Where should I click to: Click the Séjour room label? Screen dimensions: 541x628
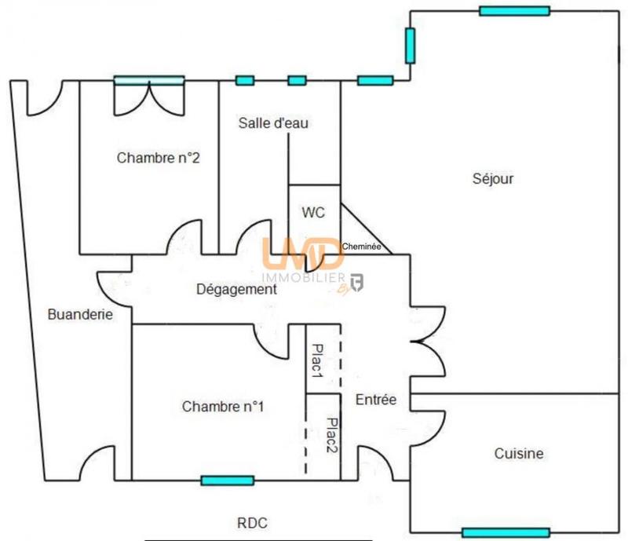[493, 179]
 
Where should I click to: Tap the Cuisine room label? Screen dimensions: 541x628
[519, 454]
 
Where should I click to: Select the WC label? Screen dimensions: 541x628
[313, 212]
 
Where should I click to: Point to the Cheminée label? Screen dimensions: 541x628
[362, 247]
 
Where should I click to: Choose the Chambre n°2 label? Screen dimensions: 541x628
[158, 158]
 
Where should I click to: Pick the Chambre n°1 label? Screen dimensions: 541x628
[223, 407]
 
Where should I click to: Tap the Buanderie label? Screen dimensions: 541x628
[80, 315]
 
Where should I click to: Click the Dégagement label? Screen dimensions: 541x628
[235, 289]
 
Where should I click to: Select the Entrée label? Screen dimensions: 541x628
[376, 400]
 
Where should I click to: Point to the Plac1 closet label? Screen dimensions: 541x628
[318, 360]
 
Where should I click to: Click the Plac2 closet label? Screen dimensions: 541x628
[331, 435]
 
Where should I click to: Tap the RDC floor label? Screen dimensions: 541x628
[253, 522]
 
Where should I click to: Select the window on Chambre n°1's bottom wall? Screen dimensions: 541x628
[227, 481]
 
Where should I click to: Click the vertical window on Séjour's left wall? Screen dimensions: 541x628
[410, 46]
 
